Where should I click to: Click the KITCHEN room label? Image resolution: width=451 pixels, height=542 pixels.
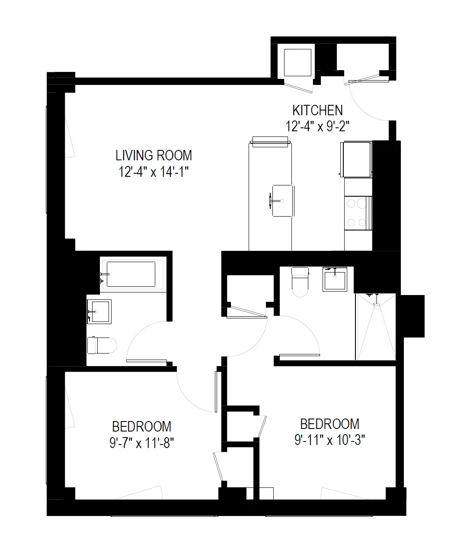pyautogui.click(x=317, y=110)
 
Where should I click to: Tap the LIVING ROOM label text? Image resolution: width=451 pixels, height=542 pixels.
pyautogui.click(x=154, y=155)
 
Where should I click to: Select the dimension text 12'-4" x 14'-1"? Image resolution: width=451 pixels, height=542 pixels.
pyautogui.click(x=154, y=172)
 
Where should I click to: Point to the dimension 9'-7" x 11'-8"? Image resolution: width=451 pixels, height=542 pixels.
pyautogui.click(x=142, y=443)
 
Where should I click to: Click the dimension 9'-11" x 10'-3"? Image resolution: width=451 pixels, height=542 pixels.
pyautogui.click(x=330, y=440)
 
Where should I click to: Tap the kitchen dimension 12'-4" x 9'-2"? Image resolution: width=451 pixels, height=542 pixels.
pyautogui.click(x=317, y=126)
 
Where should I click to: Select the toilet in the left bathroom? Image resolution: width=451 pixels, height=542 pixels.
pyautogui.click(x=102, y=345)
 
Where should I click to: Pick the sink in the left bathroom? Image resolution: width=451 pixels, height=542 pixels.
pyautogui.click(x=99, y=311)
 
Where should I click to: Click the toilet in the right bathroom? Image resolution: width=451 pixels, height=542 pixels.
pyautogui.click(x=300, y=281)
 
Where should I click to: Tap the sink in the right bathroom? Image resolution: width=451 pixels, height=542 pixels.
pyautogui.click(x=335, y=279)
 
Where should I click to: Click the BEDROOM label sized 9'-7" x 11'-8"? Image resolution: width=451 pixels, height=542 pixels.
pyautogui.click(x=141, y=426)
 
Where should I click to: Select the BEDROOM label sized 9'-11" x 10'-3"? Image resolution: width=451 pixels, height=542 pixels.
pyautogui.click(x=329, y=423)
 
